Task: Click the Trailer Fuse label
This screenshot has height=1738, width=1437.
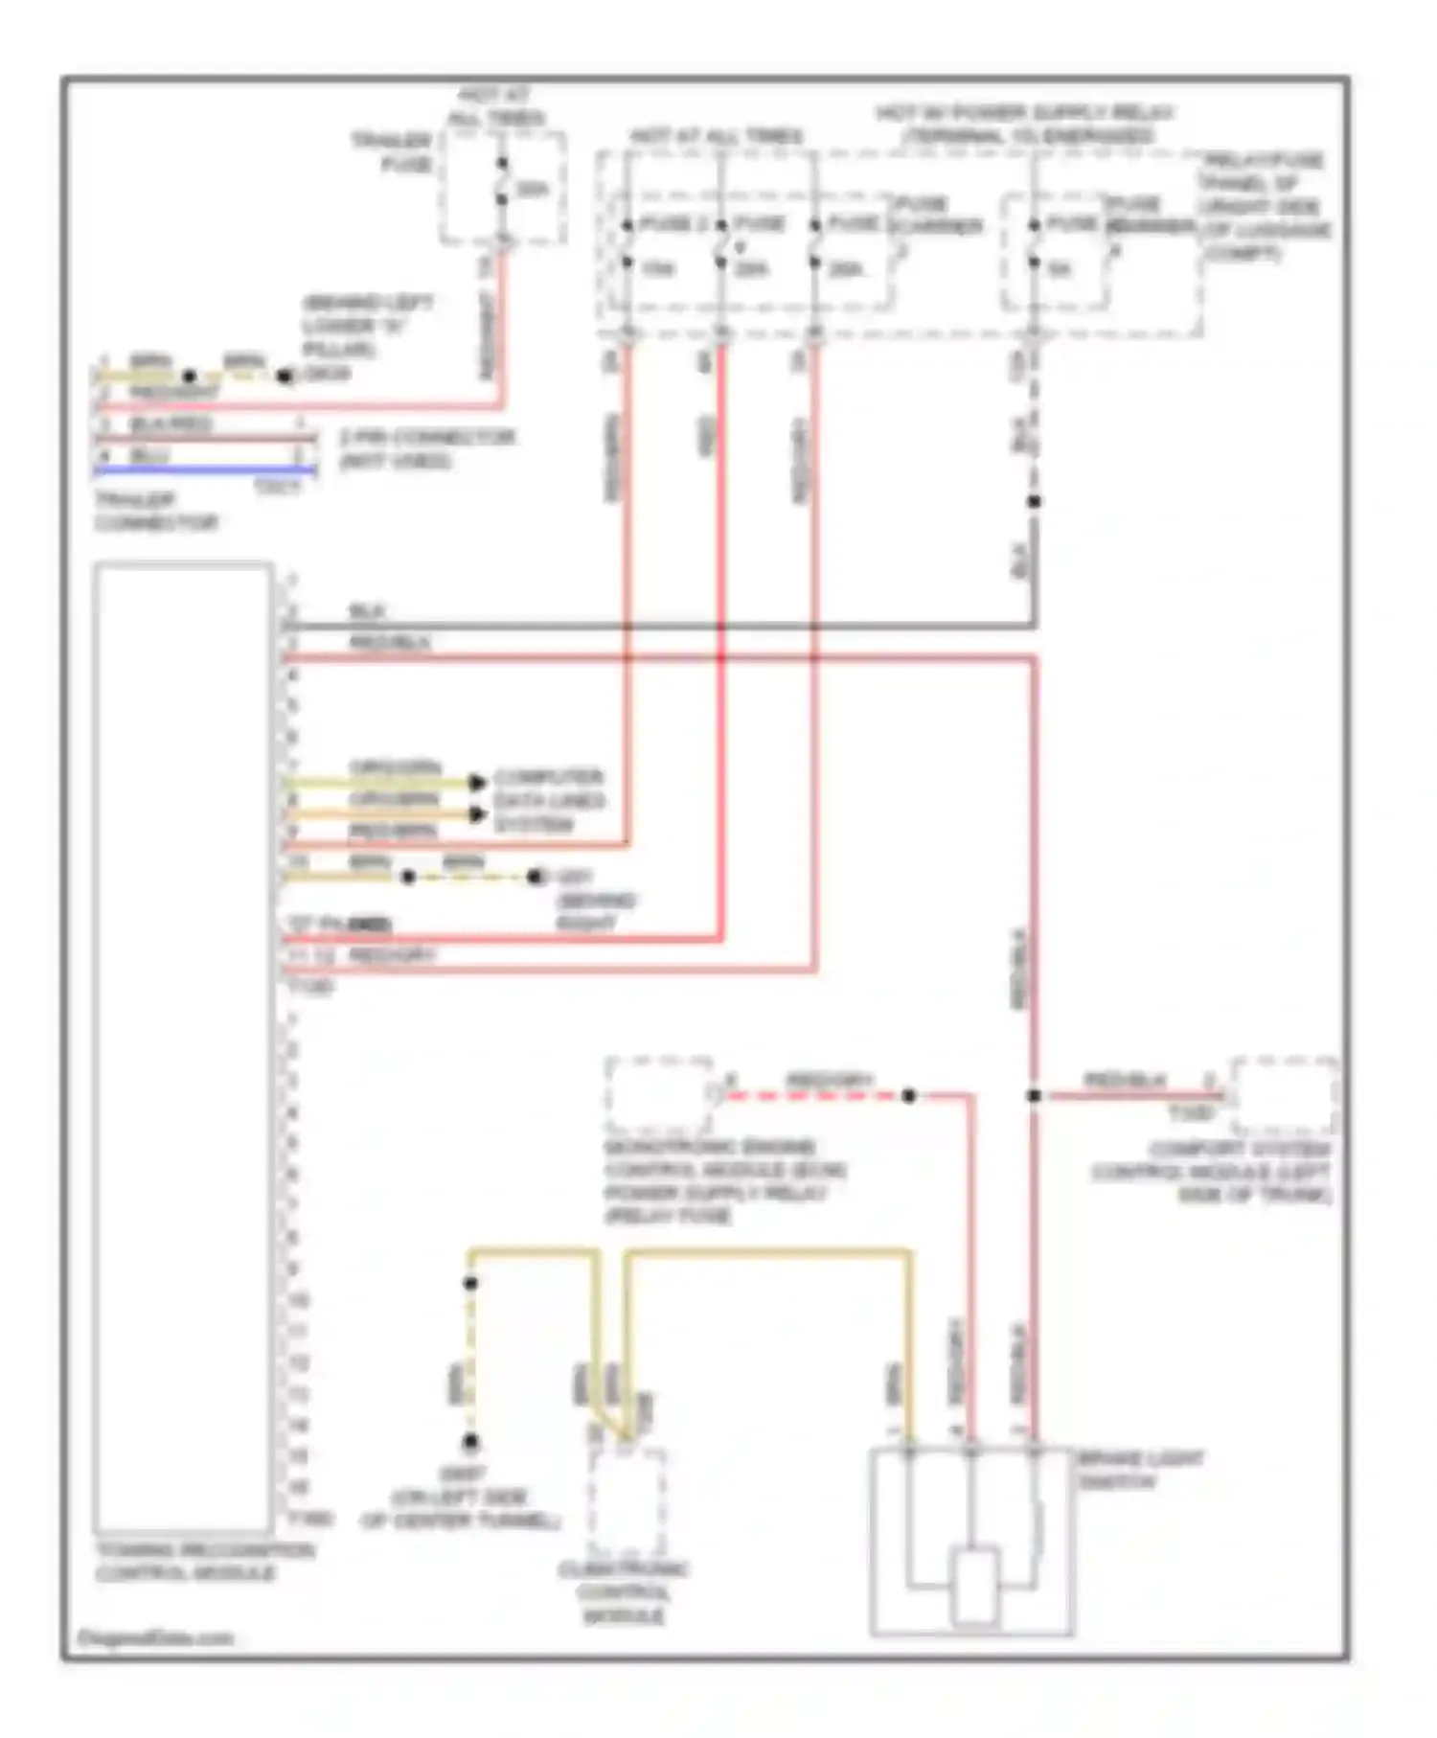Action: pos(392,152)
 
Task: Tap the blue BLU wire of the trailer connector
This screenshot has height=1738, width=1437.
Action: pos(205,470)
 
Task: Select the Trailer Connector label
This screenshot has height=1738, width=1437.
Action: pos(155,512)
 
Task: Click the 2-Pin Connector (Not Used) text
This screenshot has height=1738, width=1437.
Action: pos(427,448)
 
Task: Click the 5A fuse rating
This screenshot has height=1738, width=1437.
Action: pos(1059,269)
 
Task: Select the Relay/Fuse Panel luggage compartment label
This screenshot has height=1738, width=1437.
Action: pos(1265,206)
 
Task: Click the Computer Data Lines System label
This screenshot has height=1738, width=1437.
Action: pos(548,800)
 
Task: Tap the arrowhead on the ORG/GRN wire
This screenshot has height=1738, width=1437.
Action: pos(476,783)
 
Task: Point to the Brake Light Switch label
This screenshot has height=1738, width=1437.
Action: pos(1140,1470)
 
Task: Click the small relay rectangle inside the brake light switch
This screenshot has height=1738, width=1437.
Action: pos(975,1586)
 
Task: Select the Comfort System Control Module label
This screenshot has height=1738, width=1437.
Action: pos(1212,1172)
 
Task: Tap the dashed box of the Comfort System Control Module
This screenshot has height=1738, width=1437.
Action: pos(1284,1095)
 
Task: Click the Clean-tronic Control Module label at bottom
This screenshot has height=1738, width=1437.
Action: pos(623,1592)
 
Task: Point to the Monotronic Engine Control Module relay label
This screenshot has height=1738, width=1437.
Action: pos(723,1180)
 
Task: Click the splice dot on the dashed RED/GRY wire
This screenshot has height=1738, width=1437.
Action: pos(908,1095)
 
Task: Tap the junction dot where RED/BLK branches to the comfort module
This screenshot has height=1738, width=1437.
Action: pos(1034,1095)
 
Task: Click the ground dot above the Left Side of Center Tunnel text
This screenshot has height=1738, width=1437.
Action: pos(470,1441)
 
